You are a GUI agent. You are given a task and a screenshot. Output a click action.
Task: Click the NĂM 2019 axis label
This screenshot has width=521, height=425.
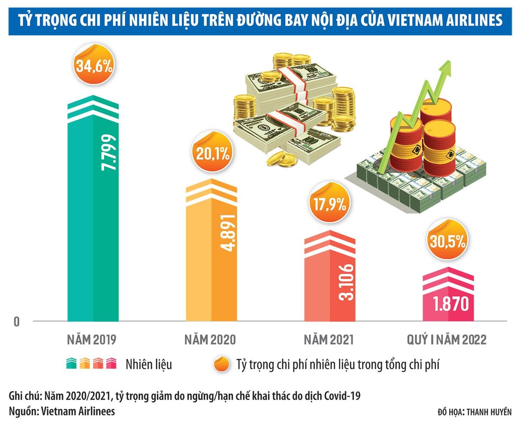tap(92, 339)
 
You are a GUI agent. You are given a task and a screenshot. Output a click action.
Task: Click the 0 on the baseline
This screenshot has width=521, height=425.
tap(17, 322)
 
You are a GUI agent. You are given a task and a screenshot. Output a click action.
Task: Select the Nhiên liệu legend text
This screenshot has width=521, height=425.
tap(149, 364)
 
